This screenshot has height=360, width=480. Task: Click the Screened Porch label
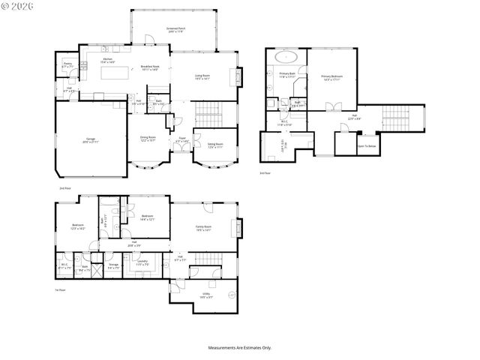click(x=176, y=29)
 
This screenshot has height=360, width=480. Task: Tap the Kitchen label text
click(x=107, y=60)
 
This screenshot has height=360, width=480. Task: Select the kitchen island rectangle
click(x=110, y=75)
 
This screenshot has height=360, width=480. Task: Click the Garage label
click(x=89, y=139)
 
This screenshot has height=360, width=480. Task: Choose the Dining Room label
click(x=147, y=139)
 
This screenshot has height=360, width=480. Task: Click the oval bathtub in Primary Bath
click(x=288, y=57)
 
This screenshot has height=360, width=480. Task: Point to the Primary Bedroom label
click(x=331, y=76)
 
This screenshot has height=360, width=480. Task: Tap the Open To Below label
click(x=367, y=146)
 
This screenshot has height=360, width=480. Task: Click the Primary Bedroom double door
click(x=330, y=109)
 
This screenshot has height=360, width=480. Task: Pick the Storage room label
click(x=113, y=265)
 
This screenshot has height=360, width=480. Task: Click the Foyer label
click(x=181, y=139)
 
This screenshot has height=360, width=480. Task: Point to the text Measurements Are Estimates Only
click(x=240, y=348)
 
